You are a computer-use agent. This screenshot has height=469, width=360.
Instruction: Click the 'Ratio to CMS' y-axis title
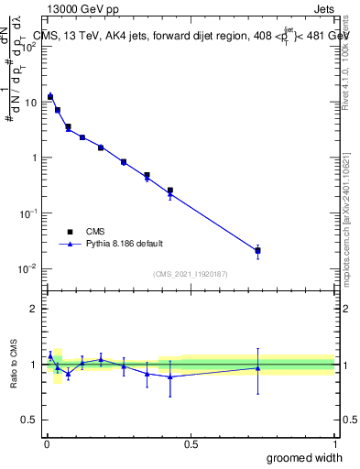(x=13, y=364)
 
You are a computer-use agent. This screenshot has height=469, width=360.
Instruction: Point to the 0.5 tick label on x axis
(x=191, y=444)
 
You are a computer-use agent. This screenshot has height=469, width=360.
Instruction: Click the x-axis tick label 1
(x=334, y=444)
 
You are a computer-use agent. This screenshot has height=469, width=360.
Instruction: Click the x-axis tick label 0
(x=47, y=444)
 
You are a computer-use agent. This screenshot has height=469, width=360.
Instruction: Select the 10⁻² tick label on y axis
(x=27, y=268)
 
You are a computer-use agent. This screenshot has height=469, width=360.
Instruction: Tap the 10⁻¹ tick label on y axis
(x=27, y=213)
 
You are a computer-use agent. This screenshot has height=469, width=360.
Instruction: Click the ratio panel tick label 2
(x=34, y=309)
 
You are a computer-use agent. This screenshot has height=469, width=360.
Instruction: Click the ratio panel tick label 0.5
(x=29, y=420)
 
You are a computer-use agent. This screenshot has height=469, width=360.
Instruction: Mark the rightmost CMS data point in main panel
(x=258, y=250)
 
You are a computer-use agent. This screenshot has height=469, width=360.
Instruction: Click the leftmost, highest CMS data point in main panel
(x=50, y=96)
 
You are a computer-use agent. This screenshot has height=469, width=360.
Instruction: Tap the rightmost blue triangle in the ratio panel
(x=258, y=368)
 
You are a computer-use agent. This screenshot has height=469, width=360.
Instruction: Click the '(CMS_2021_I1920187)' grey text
(x=191, y=274)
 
